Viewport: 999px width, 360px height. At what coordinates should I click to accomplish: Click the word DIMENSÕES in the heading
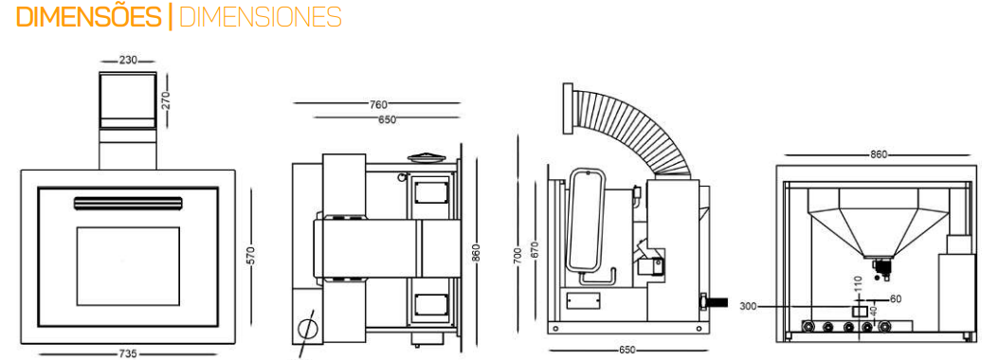[89, 16]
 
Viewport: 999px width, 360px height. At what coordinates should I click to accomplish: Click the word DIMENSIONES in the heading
[261, 17]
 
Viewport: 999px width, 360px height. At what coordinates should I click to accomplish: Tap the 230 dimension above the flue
[127, 62]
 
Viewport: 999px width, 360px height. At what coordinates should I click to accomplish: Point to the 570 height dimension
[250, 256]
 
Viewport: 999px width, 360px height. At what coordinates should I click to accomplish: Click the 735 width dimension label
[129, 353]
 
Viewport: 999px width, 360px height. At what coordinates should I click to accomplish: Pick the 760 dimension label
[378, 104]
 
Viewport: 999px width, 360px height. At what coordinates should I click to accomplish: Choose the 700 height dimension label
[517, 256]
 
